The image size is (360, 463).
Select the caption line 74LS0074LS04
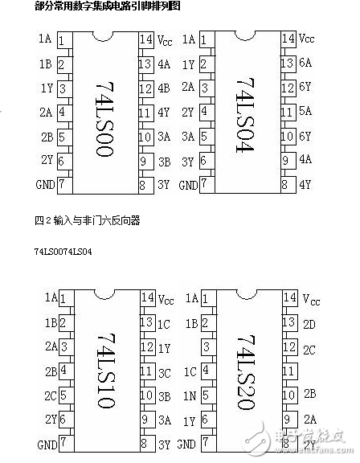(63, 252)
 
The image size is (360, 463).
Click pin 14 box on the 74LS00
(146, 39)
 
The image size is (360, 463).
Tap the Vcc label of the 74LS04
(307, 39)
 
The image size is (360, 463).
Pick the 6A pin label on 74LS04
(305, 63)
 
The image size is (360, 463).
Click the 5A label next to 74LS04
(305, 113)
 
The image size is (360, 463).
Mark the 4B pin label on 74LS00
(165, 88)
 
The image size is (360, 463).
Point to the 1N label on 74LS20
(190, 396)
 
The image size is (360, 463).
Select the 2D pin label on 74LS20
(311, 323)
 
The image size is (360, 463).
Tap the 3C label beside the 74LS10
(165, 372)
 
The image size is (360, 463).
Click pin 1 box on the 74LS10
(63, 298)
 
